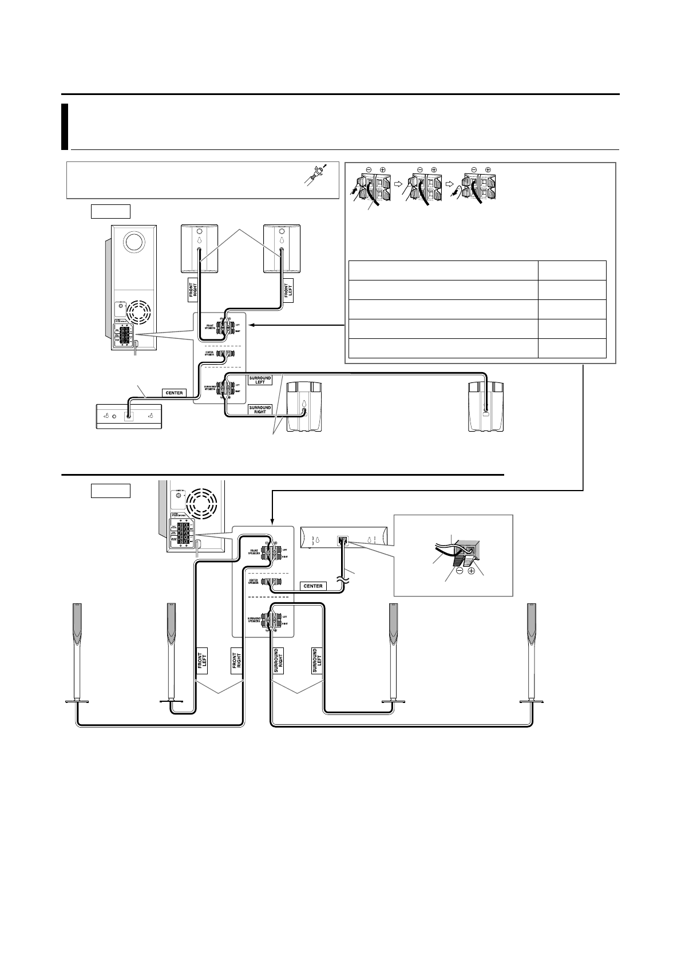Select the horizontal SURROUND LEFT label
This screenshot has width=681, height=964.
260,380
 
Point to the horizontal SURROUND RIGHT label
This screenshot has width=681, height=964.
260,410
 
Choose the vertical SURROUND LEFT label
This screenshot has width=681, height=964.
316,662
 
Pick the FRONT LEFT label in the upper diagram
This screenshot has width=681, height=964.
288,292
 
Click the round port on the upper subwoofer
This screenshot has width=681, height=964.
133,242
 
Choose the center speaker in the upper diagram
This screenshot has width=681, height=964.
129,416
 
